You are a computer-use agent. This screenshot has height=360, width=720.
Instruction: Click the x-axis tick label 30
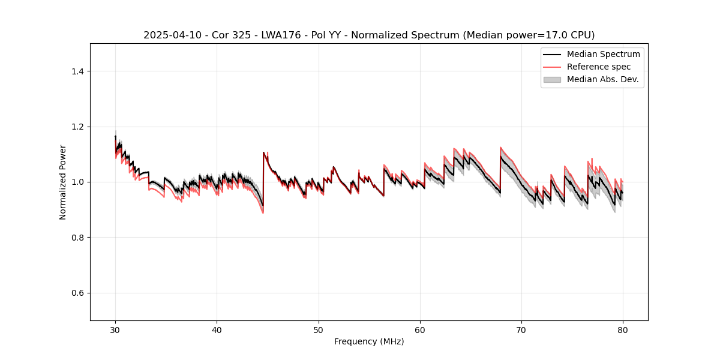coord(116,330)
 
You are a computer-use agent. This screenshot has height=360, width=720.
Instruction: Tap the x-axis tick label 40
coord(217,330)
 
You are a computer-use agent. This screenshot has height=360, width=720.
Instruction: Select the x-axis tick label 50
coord(319,330)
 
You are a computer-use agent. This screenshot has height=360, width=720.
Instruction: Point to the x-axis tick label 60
coord(420,330)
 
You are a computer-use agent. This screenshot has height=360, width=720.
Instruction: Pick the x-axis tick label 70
coord(521,330)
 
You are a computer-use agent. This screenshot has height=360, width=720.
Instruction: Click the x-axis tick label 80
coord(623,330)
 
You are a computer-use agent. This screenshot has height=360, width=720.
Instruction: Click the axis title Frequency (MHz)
coord(369,342)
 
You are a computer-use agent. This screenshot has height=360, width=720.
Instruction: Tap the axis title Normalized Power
coord(63,182)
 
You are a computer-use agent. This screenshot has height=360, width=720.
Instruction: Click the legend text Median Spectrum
coord(603,54)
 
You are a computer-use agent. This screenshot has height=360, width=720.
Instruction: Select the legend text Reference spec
coord(599,67)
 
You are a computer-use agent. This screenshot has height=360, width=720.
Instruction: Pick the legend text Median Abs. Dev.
coord(602,79)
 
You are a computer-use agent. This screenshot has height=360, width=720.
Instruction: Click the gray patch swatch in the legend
coord(552,79)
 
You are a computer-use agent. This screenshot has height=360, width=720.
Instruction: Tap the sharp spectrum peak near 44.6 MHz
coord(263,152)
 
